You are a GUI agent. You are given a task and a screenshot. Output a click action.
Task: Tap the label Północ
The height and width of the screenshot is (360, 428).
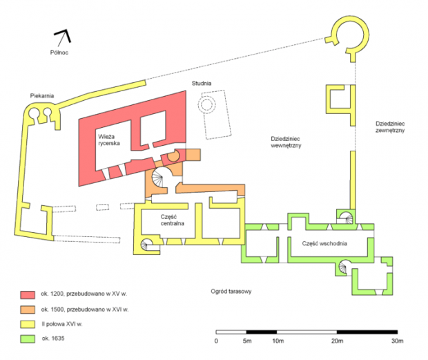(x=59, y=53)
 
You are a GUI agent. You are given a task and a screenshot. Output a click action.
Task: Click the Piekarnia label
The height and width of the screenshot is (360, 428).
(x=42, y=95)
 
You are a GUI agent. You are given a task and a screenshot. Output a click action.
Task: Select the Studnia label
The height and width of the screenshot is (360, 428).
(x=202, y=84)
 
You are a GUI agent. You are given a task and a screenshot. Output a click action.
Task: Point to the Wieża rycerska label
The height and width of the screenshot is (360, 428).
(x=109, y=140)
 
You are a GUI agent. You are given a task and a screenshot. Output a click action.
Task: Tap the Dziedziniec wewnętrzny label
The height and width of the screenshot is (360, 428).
(x=286, y=142)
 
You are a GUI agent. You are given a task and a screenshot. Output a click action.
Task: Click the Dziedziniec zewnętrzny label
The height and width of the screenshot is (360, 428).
(x=390, y=127)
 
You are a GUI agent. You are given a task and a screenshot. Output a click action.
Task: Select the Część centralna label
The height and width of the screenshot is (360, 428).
(x=173, y=220)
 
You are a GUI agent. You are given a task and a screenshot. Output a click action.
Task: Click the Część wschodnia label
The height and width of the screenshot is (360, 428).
(x=324, y=243)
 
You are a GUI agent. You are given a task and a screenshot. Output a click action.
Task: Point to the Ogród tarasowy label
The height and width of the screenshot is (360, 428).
(x=231, y=292)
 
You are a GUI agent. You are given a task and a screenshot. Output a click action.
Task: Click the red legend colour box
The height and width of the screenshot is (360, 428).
(x=28, y=295)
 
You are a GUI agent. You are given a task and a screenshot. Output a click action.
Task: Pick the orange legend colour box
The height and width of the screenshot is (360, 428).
(x=28, y=310)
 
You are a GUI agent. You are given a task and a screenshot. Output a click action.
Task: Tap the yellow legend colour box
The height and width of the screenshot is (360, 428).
(x=28, y=324)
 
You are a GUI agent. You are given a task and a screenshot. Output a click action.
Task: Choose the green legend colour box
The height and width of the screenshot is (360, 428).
(x=28, y=339)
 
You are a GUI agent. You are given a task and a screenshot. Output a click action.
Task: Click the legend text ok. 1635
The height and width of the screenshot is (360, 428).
(x=53, y=339)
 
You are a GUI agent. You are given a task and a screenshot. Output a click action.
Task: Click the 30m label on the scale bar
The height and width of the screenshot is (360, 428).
(x=397, y=341)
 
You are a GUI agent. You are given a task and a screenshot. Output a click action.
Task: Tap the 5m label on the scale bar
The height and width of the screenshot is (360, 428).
(x=246, y=341)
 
